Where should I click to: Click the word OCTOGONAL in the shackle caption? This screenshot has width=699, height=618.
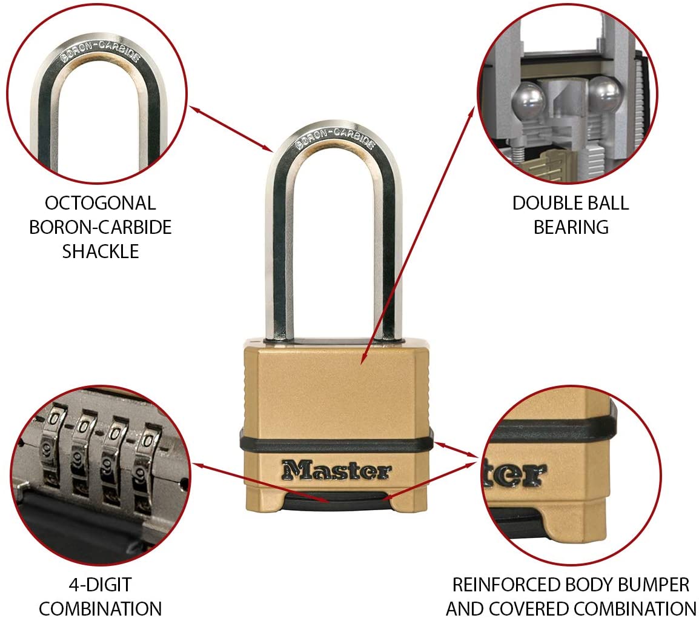(101, 204)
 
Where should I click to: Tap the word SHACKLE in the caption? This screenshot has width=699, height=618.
(101, 251)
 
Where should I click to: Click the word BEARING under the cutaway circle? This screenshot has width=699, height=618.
(571, 227)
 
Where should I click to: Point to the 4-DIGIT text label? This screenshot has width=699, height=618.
(101, 585)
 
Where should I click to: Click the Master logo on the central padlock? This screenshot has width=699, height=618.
(337, 470)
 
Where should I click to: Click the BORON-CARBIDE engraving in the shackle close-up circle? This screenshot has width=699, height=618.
(101, 50)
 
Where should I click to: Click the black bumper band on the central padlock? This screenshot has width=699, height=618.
(337, 442)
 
